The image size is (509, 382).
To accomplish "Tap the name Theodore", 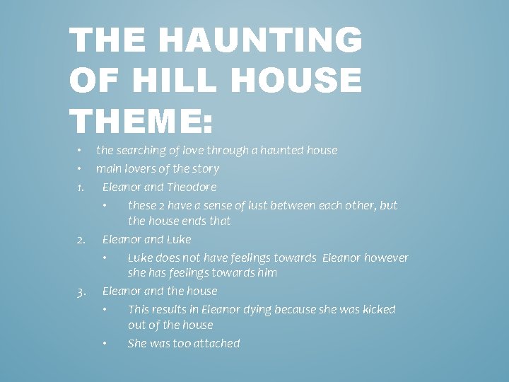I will pos(192,187).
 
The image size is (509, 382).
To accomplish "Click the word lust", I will pos(259,205).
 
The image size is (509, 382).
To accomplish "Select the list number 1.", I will pos(80,187).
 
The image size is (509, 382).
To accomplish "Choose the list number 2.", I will pos(80,240).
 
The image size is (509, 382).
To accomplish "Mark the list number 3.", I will pos(80,291).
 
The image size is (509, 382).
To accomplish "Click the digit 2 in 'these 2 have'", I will pos(160,205).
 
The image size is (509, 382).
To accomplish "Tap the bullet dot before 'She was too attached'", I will pos(105,344).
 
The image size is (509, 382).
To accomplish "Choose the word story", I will pos(204,168).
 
